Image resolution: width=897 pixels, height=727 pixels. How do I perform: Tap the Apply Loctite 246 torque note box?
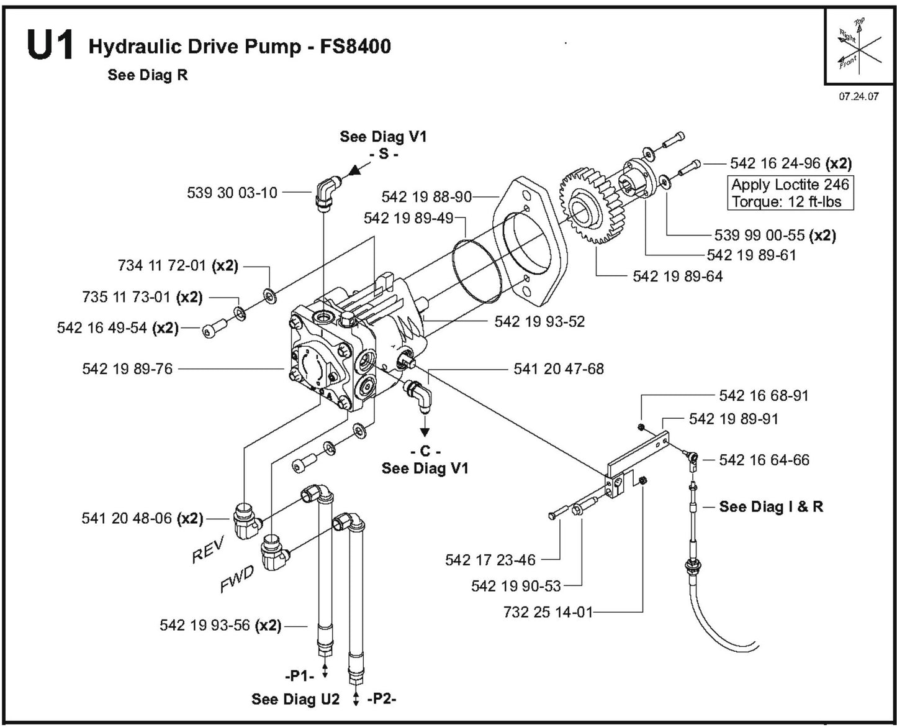pos(790,193)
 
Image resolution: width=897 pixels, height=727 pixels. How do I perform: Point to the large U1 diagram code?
pos(50,47)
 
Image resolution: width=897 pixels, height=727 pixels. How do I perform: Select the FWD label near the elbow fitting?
pos(237,581)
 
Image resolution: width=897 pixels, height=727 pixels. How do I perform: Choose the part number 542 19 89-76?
pos(127,368)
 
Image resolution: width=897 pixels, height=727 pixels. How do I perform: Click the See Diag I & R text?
pos(771,506)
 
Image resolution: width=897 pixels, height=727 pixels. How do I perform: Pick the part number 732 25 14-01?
pos(548,612)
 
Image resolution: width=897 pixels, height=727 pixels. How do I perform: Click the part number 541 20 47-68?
pos(558,368)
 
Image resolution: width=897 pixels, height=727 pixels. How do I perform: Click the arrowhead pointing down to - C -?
pos(425,432)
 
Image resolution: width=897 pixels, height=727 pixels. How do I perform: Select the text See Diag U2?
pos(295,699)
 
